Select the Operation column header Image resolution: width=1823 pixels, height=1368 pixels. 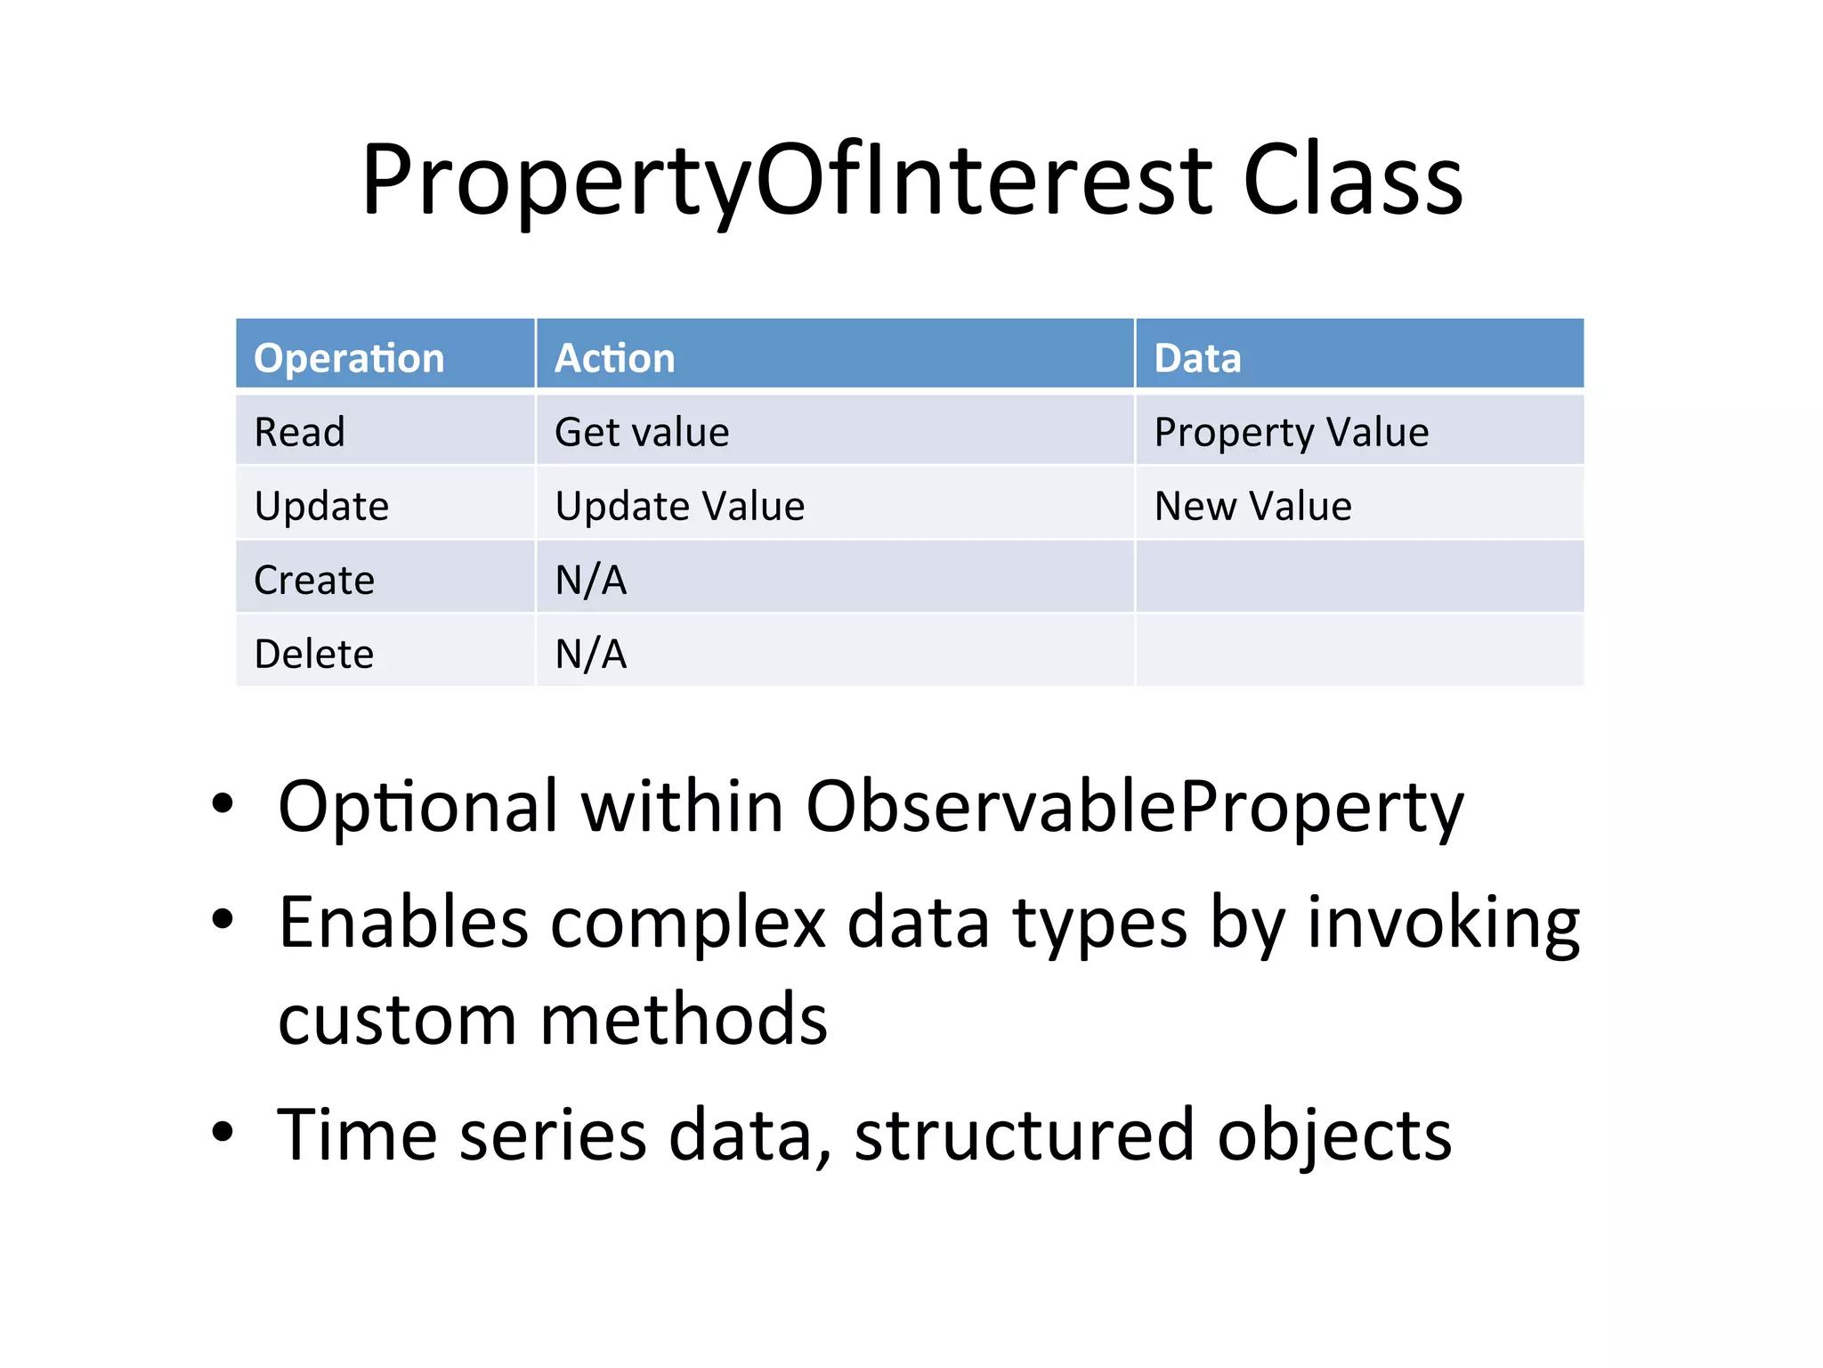pyautogui.click(x=348, y=358)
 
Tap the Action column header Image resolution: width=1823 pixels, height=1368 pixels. pyautogui.click(x=614, y=358)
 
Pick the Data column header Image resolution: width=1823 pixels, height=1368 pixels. pyautogui.click(x=1197, y=358)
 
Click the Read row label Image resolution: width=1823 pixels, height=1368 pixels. pyautogui.click(x=299, y=432)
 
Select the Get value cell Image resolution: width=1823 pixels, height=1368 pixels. pyautogui.click(x=642, y=432)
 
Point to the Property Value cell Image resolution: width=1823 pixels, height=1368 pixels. pyautogui.click(x=1291, y=433)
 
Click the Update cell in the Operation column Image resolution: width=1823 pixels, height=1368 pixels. pyautogui.click(x=321, y=507)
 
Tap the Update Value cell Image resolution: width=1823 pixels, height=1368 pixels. pyautogui.click(x=679, y=506)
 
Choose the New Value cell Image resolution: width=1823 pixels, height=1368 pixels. pyautogui.click(x=1252, y=506)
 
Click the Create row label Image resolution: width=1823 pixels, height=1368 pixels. pyautogui.click(x=314, y=580)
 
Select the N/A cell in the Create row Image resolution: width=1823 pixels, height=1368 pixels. pyautogui.click(x=591, y=580)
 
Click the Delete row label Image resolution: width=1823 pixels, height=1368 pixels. pyautogui.click(x=313, y=654)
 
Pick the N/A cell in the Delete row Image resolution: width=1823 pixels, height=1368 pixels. pyautogui.click(x=591, y=654)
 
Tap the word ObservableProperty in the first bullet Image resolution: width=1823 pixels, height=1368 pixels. pyautogui.click(x=1134, y=807)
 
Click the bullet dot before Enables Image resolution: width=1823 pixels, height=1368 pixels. pyautogui.click(x=223, y=918)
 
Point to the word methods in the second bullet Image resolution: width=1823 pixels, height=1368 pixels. pyautogui.click(x=684, y=1019)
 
